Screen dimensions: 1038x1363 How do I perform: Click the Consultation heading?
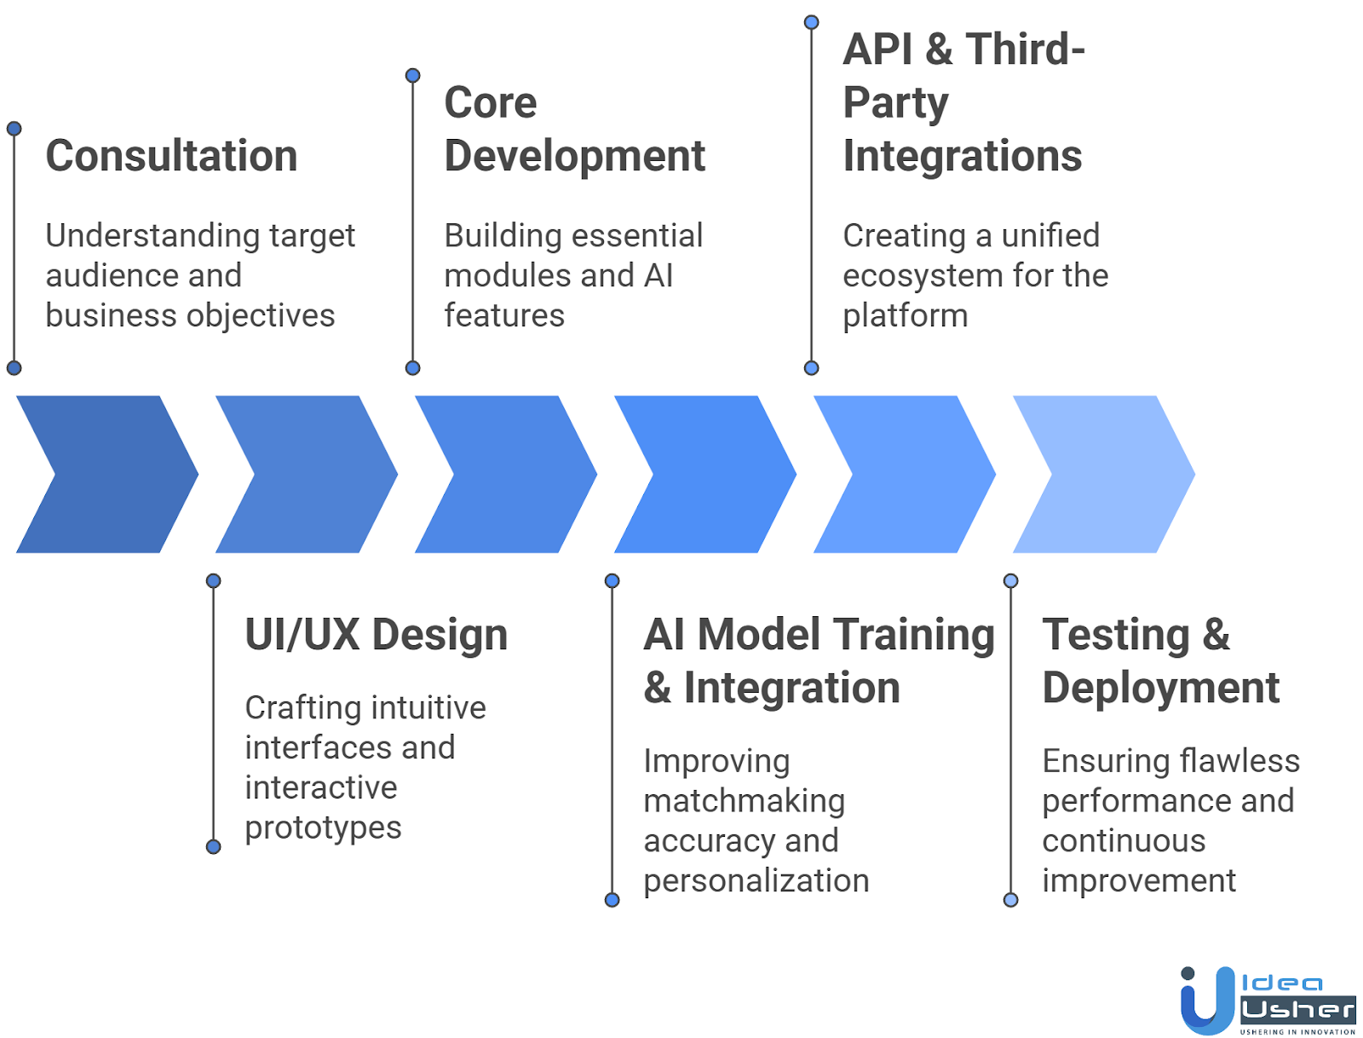(x=171, y=156)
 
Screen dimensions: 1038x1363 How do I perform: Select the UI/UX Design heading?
(x=376, y=635)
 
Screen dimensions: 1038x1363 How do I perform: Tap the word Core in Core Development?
(x=491, y=103)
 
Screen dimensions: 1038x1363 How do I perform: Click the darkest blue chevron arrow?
(x=106, y=474)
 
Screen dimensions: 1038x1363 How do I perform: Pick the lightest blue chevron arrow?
(x=1104, y=474)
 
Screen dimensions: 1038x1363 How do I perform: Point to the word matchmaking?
(x=744, y=801)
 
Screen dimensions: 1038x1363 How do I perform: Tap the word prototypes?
(x=323, y=828)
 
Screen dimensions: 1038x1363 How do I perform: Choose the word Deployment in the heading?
(x=1160, y=688)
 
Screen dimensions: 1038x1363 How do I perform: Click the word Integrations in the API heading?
(x=962, y=156)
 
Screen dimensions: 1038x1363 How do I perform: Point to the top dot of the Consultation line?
(x=14, y=129)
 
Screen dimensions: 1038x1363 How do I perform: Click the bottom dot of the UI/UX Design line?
(x=214, y=846)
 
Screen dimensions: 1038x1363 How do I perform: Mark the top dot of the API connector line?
(x=812, y=22)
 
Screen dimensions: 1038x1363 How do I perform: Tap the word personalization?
(x=756, y=881)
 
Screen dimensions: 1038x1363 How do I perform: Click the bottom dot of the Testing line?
(x=1011, y=900)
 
